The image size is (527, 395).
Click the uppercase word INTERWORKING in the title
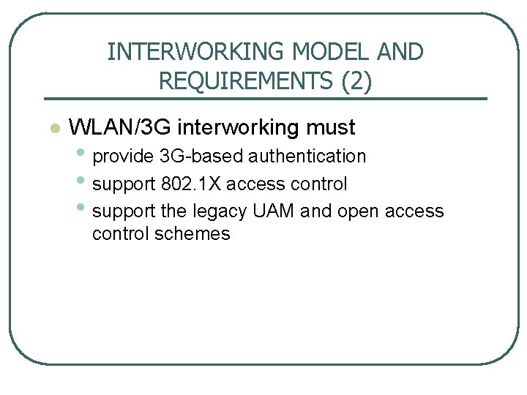coord(196,52)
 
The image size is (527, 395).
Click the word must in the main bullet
coord(331,127)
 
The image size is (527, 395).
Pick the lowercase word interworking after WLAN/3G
coord(239,128)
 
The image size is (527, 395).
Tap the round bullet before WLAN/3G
coord(52,129)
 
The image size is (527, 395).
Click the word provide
coord(123,156)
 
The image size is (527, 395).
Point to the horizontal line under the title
coord(265,98)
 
